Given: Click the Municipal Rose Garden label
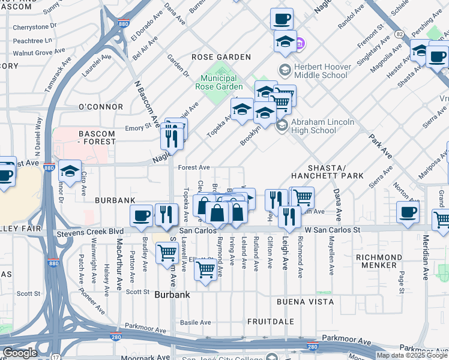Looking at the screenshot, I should pyautogui.click(x=218, y=82).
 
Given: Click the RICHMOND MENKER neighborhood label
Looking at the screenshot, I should pyautogui.click(x=384, y=261).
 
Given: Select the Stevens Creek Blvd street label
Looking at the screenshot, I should pyautogui.click(x=89, y=231).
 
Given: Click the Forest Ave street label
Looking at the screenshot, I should pyautogui.click(x=193, y=167).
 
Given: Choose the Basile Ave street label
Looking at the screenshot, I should pyautogui.click(x=196, y=322).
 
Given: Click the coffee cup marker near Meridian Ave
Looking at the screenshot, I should pyautogui.click(x=408, y=212).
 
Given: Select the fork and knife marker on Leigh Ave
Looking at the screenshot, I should pyautogui.click(x=289, y=217).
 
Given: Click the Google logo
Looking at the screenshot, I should pyautogui.click(x=20, y=353).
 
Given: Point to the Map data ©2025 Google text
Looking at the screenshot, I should pyautogui.click(x=412, y=355).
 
